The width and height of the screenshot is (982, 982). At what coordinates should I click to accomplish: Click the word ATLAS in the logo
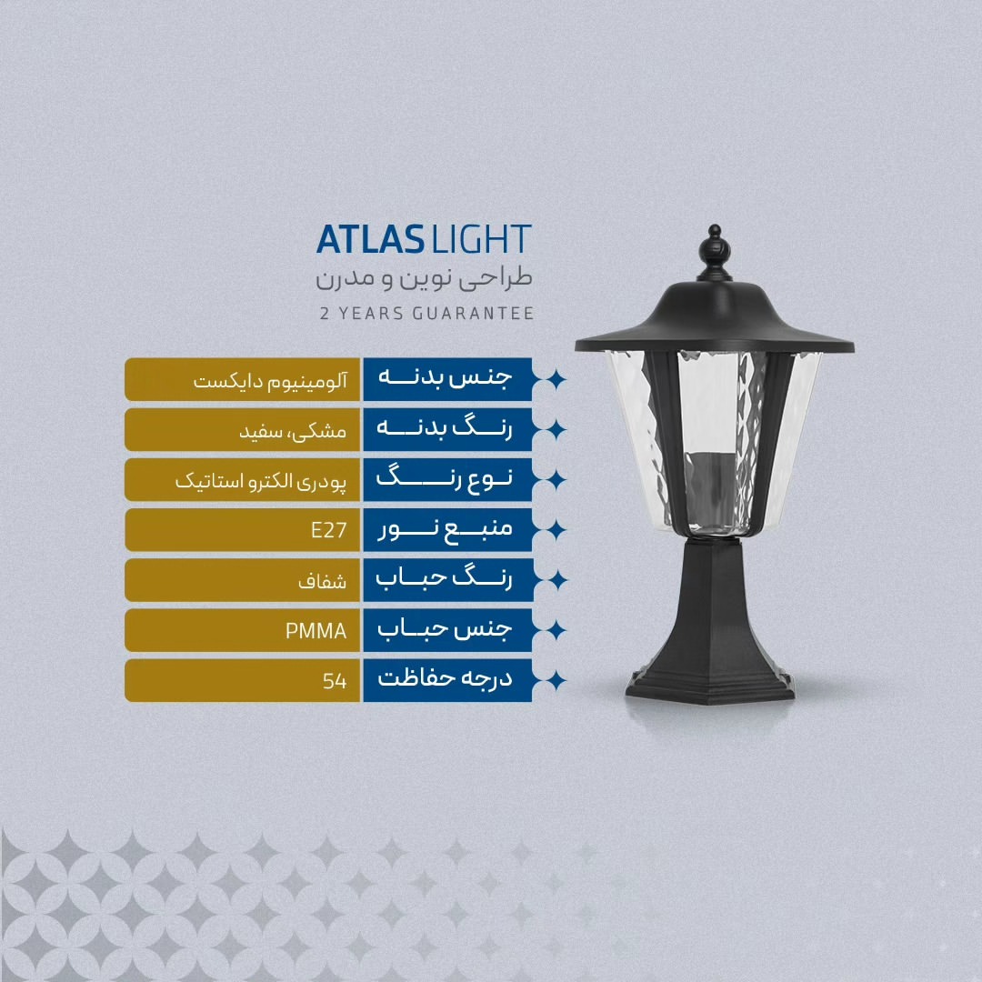[370, 239]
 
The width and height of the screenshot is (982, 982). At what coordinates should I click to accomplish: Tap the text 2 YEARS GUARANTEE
[426, 313]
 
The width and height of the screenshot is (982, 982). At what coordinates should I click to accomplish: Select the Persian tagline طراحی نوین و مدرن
[424, 278]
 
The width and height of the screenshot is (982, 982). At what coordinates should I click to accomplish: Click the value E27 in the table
[329, 530]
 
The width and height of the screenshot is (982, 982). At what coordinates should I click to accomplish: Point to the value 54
[335, 681]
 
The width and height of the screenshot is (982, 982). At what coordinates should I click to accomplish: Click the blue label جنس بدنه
[446, 377]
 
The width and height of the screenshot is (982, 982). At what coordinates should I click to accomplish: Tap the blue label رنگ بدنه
[445, 428]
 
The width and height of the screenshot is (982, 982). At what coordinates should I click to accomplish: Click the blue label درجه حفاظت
[446, 678]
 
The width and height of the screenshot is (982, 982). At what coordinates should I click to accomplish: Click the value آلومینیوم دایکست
[270, 381]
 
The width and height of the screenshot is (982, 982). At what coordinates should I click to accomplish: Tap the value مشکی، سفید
[293, 431]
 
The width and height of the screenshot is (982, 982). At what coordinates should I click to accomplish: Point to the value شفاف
[323, 581]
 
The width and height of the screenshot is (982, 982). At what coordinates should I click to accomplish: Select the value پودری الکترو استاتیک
[261, 481]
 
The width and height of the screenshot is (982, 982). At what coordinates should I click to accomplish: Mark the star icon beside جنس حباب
[555, 630]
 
